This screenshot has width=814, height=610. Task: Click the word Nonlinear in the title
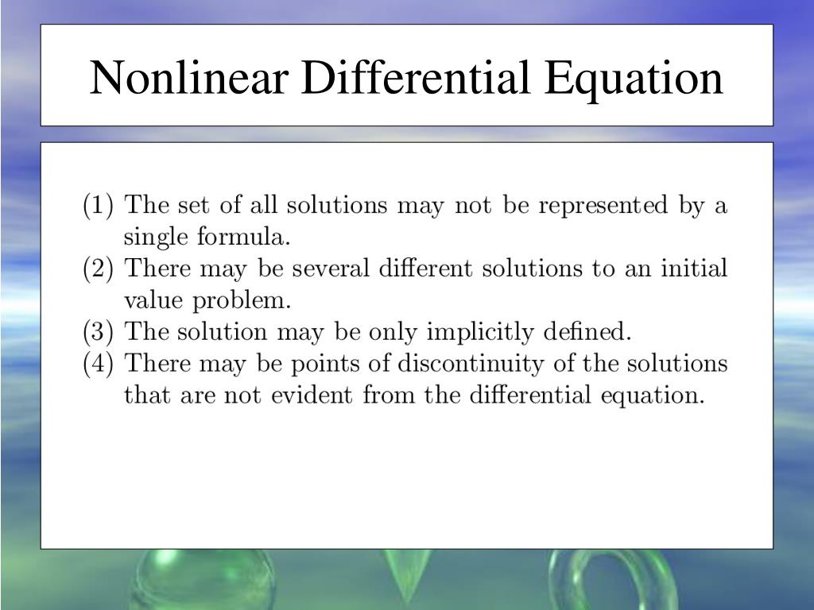coord(189,77)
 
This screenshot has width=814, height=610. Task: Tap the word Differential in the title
coord(415,77)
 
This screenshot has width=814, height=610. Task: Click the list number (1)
coord(98,206)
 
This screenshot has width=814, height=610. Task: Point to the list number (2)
coord(98,268)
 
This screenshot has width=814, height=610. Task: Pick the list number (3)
coord(98,332)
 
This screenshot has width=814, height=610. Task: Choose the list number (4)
coord(98,364)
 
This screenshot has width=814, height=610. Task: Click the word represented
coord(603,207)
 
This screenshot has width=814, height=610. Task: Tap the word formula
coord(243,237)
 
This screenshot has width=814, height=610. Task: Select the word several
coord(331,268)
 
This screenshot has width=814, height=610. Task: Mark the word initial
coord(694,268)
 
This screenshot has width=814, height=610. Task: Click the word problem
coord(242,301)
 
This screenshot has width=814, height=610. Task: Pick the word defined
coord(587,331)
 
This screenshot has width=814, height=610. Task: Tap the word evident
coord(312,396)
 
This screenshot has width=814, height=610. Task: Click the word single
coord(156,237)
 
